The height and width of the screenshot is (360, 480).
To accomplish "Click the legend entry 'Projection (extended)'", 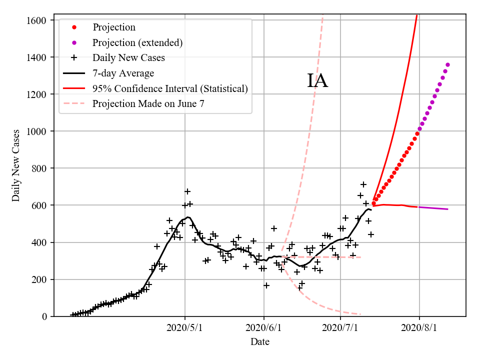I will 137,42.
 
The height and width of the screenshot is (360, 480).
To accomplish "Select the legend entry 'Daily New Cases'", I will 128,58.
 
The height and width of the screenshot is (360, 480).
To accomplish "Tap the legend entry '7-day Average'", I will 123,73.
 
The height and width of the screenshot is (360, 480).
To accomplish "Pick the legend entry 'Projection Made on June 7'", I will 148,104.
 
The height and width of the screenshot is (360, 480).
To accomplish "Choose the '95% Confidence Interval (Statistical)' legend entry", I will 170,88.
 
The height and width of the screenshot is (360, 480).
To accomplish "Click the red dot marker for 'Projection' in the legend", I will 74,27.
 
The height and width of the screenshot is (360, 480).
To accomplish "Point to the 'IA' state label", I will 317,81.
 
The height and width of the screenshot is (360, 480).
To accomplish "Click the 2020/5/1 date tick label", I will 185,328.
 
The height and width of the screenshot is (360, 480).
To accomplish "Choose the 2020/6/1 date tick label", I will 263,328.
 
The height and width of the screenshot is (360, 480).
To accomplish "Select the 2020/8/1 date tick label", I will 419,328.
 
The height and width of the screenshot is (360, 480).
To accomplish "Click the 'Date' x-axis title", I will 260,342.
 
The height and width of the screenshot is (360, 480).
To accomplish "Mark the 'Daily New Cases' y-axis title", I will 16,165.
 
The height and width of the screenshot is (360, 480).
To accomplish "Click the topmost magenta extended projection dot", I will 447,64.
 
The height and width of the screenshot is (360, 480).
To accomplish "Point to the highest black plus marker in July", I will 363,184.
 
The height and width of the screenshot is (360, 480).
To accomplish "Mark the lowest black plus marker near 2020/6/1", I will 266,285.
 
